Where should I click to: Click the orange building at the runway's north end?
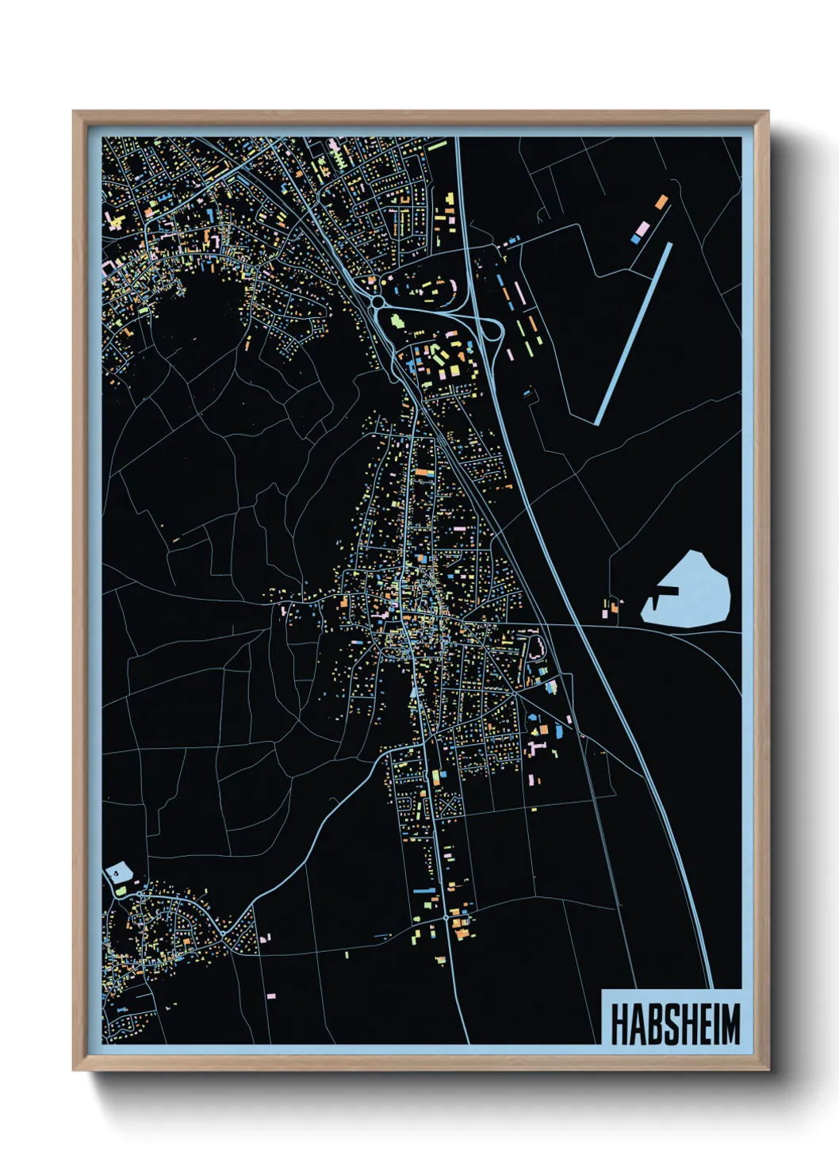661,201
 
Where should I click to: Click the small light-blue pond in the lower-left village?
118,873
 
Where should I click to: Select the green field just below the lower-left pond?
121,891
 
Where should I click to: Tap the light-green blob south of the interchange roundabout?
396,321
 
